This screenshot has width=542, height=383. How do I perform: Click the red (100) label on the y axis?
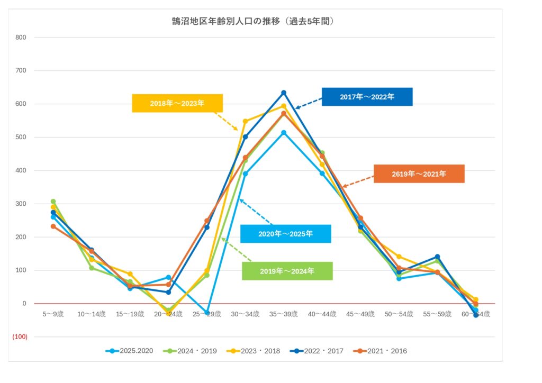[20, 337]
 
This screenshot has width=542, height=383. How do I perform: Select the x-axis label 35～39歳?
[284, 314]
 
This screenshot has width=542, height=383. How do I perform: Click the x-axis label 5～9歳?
[53, 314]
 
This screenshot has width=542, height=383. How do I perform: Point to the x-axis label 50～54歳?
[399, 314]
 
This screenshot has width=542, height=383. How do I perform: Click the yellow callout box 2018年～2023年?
[177, 103]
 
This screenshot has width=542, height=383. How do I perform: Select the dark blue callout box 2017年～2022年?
[367, 97]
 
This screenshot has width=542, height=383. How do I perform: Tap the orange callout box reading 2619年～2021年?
[419, 174]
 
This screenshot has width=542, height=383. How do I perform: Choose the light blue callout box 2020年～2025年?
[285, 234]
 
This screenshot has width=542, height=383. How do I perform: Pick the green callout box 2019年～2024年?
[287, 271]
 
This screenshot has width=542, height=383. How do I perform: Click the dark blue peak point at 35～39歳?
[284, 93]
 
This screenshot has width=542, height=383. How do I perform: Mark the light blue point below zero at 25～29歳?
[207, 313]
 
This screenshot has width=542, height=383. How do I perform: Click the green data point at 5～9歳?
[53, 202]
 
